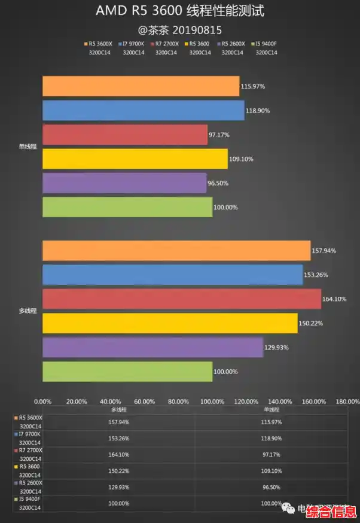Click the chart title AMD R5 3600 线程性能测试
179,11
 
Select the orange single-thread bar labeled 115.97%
141,86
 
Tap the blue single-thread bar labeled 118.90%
143,110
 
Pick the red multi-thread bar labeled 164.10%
181,299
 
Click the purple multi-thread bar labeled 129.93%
152,347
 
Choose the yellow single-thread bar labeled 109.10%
135,159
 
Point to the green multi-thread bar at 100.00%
127,371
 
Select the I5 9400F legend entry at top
265,44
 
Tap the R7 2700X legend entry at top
166,44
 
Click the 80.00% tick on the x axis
178,402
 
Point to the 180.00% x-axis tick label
348,402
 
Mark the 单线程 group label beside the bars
28,147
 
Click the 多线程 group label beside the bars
28,311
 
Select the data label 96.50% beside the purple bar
218,183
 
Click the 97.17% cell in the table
271,454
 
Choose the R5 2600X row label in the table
31,482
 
